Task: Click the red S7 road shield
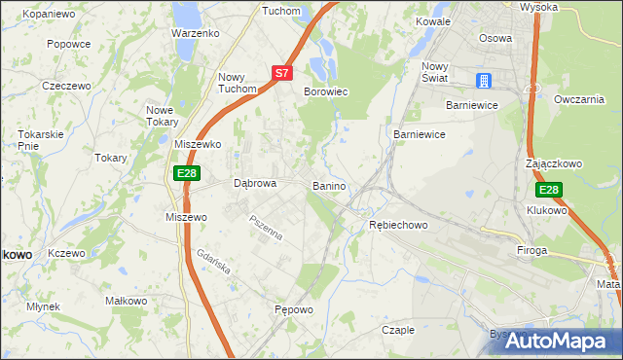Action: click(x=281, y=72)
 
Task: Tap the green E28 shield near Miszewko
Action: click(x=188, y=173)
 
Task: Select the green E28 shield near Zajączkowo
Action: click(x=549, y=190)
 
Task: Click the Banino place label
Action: click(x=330, y=185)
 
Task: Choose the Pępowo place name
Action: click(x=294, y=310)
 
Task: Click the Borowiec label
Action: click(x=326, y=91)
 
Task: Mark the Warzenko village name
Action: click(x=195, y=32)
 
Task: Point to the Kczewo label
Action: click(x=66, y=253)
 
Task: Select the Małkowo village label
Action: click(x=124, y=302)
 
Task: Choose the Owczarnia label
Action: click(x=578, y=100)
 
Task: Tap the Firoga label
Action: click(x=532, y=250)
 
